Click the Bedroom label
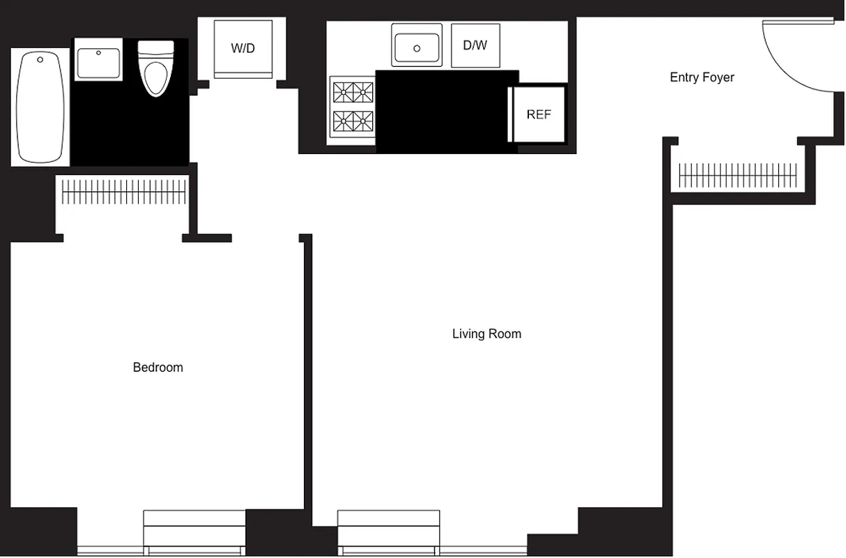(157, 368)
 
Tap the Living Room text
(486, 334)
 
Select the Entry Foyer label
(702, 77)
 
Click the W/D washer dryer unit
(243, 49)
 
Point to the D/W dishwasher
(475, 46)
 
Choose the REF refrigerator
(539, 115)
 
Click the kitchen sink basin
(417, 46)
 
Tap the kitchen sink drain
(417, 48)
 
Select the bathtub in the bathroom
(40, 107)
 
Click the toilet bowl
(156, 78)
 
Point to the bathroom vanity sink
(98, 63)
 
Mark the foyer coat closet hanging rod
(737, 176)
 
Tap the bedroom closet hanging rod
(124, 192)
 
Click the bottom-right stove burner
(362, 121)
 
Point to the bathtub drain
(40, 60)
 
